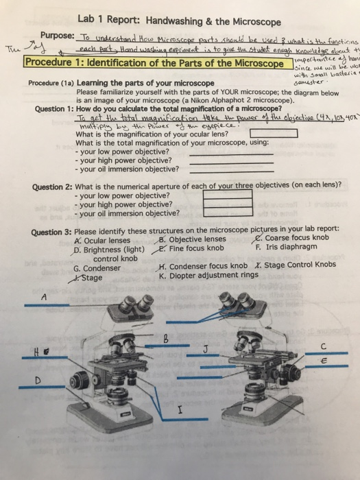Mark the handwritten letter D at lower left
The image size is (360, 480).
pyautogui.click(x=28, y=379)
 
